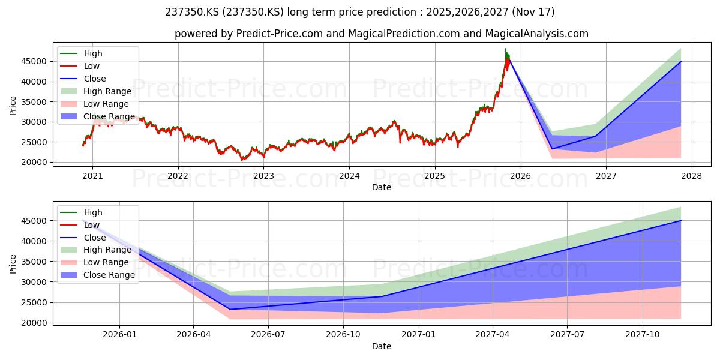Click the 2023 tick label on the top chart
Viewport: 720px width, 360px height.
click(x=263, y=176)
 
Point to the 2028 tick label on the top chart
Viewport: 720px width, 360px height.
click(x=692, y=176)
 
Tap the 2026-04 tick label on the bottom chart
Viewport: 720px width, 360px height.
click(x=193, y=335)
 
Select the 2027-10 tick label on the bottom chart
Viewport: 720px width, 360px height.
click(x=643, y=335)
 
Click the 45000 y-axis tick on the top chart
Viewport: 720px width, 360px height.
click(x=34, y=61)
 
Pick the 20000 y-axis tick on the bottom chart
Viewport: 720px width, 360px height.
click(x=34, y=323)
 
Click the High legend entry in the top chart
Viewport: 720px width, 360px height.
click(x=93, y=53)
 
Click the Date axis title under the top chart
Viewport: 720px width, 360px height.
click(x=382, y=187)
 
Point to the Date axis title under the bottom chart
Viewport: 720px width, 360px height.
click(x=382, y=346)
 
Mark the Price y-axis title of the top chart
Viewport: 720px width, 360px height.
click(x=13, y=106)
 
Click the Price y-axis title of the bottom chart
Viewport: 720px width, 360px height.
click(x=13, y=264)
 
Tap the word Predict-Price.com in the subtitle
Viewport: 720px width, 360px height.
click(x=280, y=34)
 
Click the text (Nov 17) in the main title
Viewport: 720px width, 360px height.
click(x=533, y=12)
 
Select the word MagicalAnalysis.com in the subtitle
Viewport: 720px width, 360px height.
click(x=537, y=34)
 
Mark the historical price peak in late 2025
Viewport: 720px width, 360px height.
click(x=506, y=49)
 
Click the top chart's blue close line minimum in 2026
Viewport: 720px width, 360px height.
click(x=552, y=149)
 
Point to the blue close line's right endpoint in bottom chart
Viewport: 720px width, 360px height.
click(x=681, y=221)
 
